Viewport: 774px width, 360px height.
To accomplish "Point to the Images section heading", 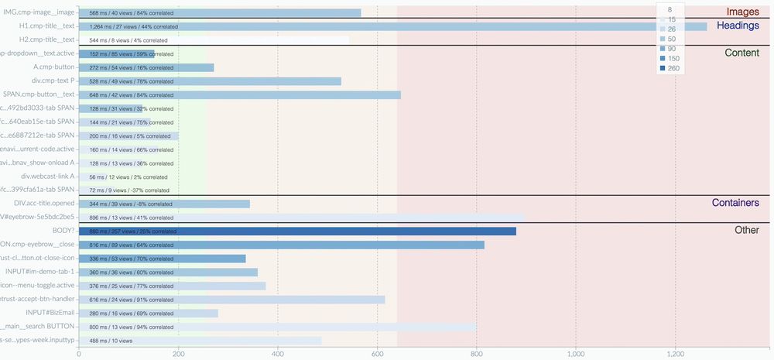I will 742,12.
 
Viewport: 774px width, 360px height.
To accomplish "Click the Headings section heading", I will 738,26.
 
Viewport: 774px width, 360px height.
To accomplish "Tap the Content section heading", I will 741,53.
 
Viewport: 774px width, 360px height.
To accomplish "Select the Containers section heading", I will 735,203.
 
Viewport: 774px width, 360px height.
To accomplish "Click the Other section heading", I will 747,230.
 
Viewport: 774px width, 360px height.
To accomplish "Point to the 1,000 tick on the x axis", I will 576,353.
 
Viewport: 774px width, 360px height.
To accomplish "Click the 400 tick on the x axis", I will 278,353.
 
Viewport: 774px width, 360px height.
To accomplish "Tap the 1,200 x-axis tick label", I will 675,353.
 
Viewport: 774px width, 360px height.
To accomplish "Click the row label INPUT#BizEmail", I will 50,313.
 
